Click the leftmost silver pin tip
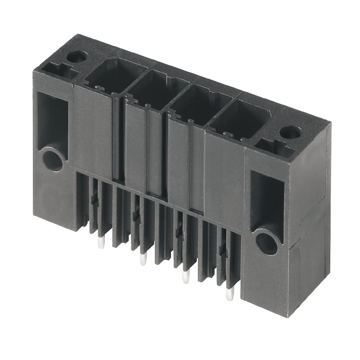(x=101, y=243)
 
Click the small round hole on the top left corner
(x=76, y=57)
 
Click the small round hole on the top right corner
(x=290, y=132)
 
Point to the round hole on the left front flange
(x=53, y=160)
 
